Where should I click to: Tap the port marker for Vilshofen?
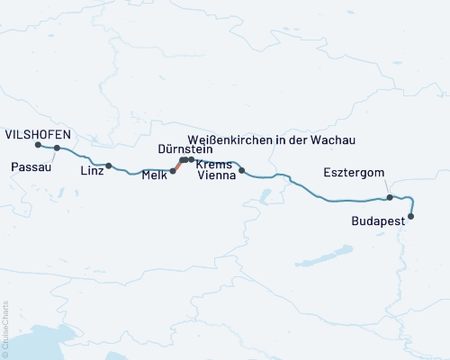pos(38,145)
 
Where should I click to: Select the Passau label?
pos(31,166)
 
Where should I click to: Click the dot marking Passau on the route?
pos(57,148)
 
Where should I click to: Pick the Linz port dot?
pos(109,166)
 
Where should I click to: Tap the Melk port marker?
pos(173,170)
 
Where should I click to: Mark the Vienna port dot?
pos(241,170)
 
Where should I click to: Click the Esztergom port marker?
pos(390,197)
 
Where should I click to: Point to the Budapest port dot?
pos(412,216)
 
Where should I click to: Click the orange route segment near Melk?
pos(176,166)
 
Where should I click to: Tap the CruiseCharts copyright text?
pos(6,328)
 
